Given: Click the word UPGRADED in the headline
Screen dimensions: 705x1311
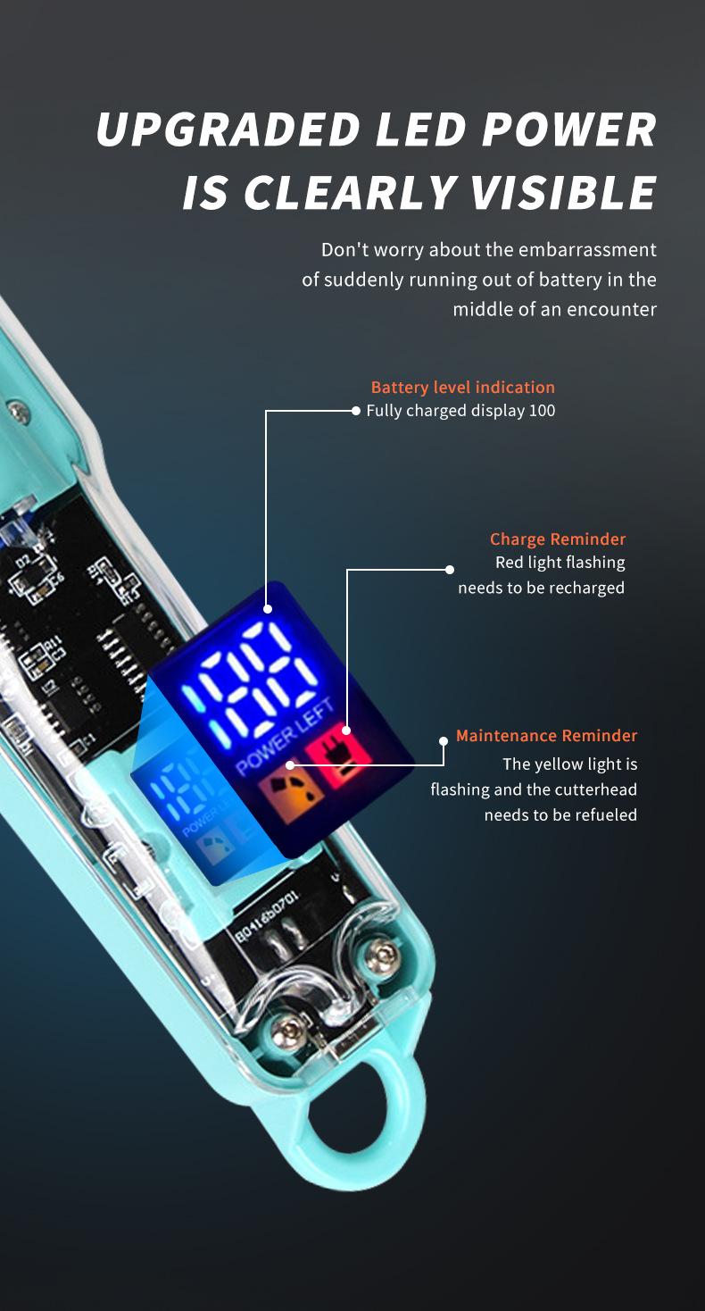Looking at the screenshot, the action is coord(228,130).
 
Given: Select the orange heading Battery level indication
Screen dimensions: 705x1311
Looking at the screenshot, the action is coord(462,388).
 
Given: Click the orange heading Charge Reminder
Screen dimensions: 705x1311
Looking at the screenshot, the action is coord(558,539).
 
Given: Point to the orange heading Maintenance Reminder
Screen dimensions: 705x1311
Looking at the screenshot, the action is coord(546,736).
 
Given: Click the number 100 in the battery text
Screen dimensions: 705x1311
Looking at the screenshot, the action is coord(541,411).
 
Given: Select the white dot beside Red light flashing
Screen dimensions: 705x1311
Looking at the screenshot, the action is coord(450,570).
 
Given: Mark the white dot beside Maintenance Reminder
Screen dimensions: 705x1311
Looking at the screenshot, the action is coord(444,740).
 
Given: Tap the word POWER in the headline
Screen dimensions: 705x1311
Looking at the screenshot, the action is coord(568,130).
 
